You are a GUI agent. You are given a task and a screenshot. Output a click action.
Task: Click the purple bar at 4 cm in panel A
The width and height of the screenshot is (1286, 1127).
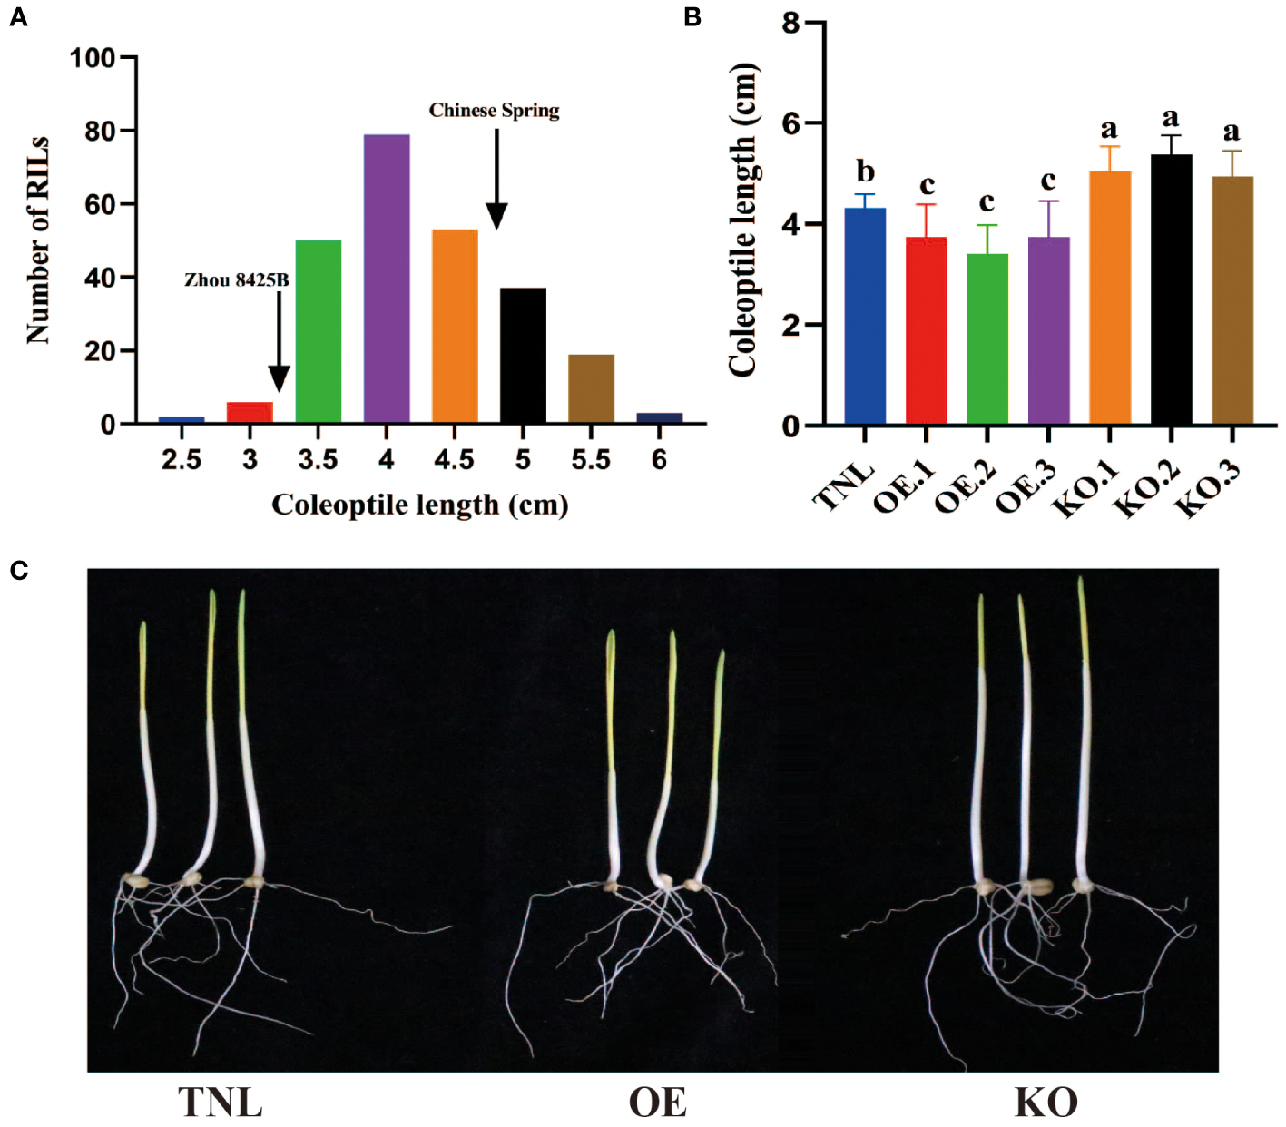tap(387, 279)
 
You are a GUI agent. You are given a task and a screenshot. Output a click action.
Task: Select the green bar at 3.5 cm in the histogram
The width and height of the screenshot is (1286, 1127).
tap(319, 331)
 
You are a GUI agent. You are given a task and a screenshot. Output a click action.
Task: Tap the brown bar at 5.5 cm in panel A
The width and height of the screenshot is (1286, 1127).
tap(591, 388)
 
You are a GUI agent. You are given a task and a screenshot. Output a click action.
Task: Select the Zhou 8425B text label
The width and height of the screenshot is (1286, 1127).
tap(236, 280)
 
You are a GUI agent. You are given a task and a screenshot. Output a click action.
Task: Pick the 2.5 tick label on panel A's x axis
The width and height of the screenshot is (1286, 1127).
tap(182, 460)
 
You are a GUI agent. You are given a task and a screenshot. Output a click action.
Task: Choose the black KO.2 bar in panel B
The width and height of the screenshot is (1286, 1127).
tap(1171, 289)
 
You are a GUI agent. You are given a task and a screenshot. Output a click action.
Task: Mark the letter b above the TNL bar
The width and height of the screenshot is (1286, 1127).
tap(866, 171)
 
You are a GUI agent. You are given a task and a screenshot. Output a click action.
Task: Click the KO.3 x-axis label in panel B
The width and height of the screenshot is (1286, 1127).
tap(1210, 487)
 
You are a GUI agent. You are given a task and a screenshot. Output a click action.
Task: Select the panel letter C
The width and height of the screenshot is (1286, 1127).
tap(18, 571)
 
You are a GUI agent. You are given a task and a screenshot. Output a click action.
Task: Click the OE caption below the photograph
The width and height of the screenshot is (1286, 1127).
tap(657, 1102)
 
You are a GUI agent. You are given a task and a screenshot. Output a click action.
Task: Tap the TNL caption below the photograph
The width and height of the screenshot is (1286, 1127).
tap(221, 1102)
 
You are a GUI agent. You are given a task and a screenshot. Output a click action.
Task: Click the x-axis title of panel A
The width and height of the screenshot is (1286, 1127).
tap(419, 505)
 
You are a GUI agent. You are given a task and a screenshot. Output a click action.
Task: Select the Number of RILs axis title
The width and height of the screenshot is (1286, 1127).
tap(38, 240)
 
